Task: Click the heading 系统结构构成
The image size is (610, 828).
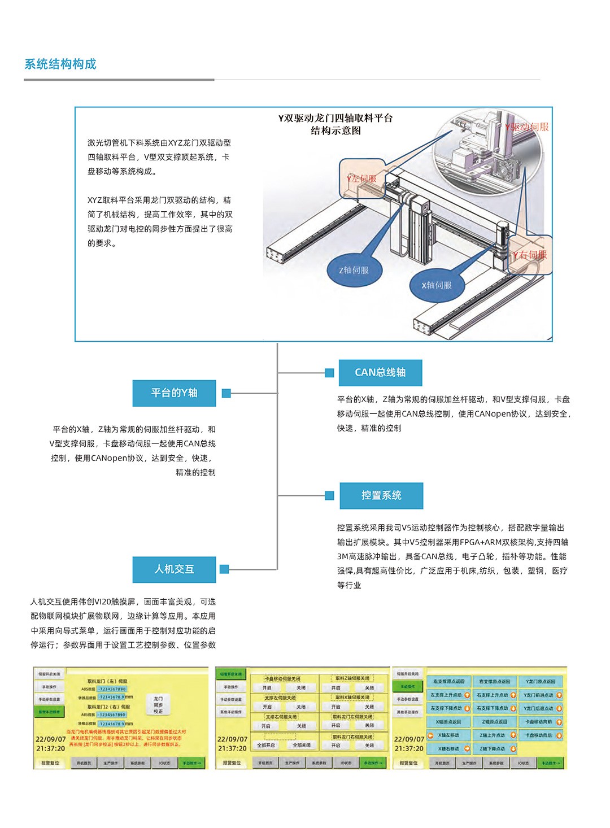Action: [x=60, y=64]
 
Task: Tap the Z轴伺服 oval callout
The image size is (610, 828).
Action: [x=354, y=271]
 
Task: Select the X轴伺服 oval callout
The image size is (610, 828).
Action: [x=437, y=285]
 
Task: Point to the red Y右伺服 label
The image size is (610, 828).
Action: [x=530, y=255]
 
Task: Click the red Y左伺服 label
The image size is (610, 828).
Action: [x=361, y=178]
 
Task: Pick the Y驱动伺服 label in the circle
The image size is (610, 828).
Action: [x=526, y=127]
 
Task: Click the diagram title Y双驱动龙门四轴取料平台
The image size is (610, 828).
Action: [x=335, y=118]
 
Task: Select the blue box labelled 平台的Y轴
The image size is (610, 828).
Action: [x=174, y=393]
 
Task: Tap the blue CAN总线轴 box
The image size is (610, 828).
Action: [x=380, y=372]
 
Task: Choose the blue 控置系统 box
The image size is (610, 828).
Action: [x=381, y=495]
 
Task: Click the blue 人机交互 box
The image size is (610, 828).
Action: [x=174, y=569]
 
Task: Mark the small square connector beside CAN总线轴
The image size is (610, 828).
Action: [x=329, y=373]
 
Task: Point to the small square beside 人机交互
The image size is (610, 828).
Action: [x=224, y=569]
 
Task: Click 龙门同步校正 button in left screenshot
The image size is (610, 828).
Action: [x=158, y=705]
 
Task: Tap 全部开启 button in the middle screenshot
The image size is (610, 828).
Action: [x=265, y=745]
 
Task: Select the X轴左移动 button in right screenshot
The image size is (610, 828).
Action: [x=448, y=735]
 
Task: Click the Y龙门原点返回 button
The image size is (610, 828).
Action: [x=541, y=682]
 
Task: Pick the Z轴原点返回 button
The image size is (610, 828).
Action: [x=494, y=722]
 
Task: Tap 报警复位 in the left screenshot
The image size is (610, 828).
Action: [x=50, y=763]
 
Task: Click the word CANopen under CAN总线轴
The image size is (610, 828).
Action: [x=492, y=414]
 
